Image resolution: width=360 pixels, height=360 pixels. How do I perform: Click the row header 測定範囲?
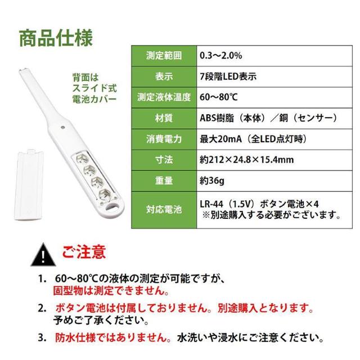coord(163,56)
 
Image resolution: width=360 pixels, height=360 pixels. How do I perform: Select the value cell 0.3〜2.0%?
coord(221,56)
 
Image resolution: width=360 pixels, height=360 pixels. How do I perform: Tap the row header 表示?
coord(163,77)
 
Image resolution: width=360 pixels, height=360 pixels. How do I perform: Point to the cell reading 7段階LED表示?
coord(228,77)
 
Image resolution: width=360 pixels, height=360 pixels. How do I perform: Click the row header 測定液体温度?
coord(163,98)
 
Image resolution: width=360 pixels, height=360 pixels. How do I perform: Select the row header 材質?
coord(163,119)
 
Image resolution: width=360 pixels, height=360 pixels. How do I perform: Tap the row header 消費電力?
coord(163,139)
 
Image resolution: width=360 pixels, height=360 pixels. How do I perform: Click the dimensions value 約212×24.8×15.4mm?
coord(246,160)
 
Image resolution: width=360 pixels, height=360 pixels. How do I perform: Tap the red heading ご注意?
coord(84,251)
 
